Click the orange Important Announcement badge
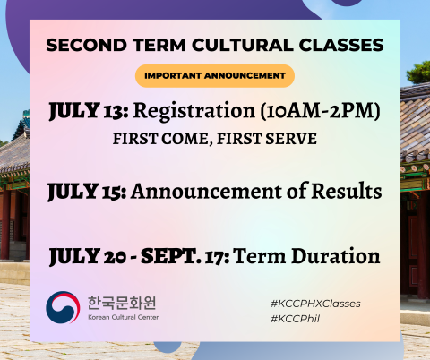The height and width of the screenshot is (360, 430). coord(215,75)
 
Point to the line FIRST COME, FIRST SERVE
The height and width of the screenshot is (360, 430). coord(215,141)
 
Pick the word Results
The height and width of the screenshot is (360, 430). coord(344,191)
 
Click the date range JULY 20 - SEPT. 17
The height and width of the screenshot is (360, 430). coord(139,256)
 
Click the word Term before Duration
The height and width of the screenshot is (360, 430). coord(262,256)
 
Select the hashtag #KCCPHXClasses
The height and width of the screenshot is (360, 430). coord(315,303)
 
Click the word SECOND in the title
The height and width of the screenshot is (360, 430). coord(88,45)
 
